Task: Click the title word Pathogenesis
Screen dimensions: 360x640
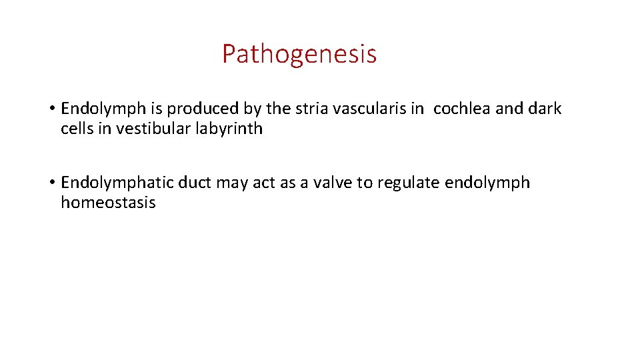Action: pyautogui.click(x=299, y=54)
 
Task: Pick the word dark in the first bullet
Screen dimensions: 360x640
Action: pyautogui.click(x=545, y=109)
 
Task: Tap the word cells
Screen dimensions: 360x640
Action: pyautogui.click(x=77, y=129)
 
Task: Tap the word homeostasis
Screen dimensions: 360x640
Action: pyautogui.click(x=108, y=203)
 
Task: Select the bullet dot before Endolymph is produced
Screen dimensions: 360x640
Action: pyautogui.click(x=51, y=109)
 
